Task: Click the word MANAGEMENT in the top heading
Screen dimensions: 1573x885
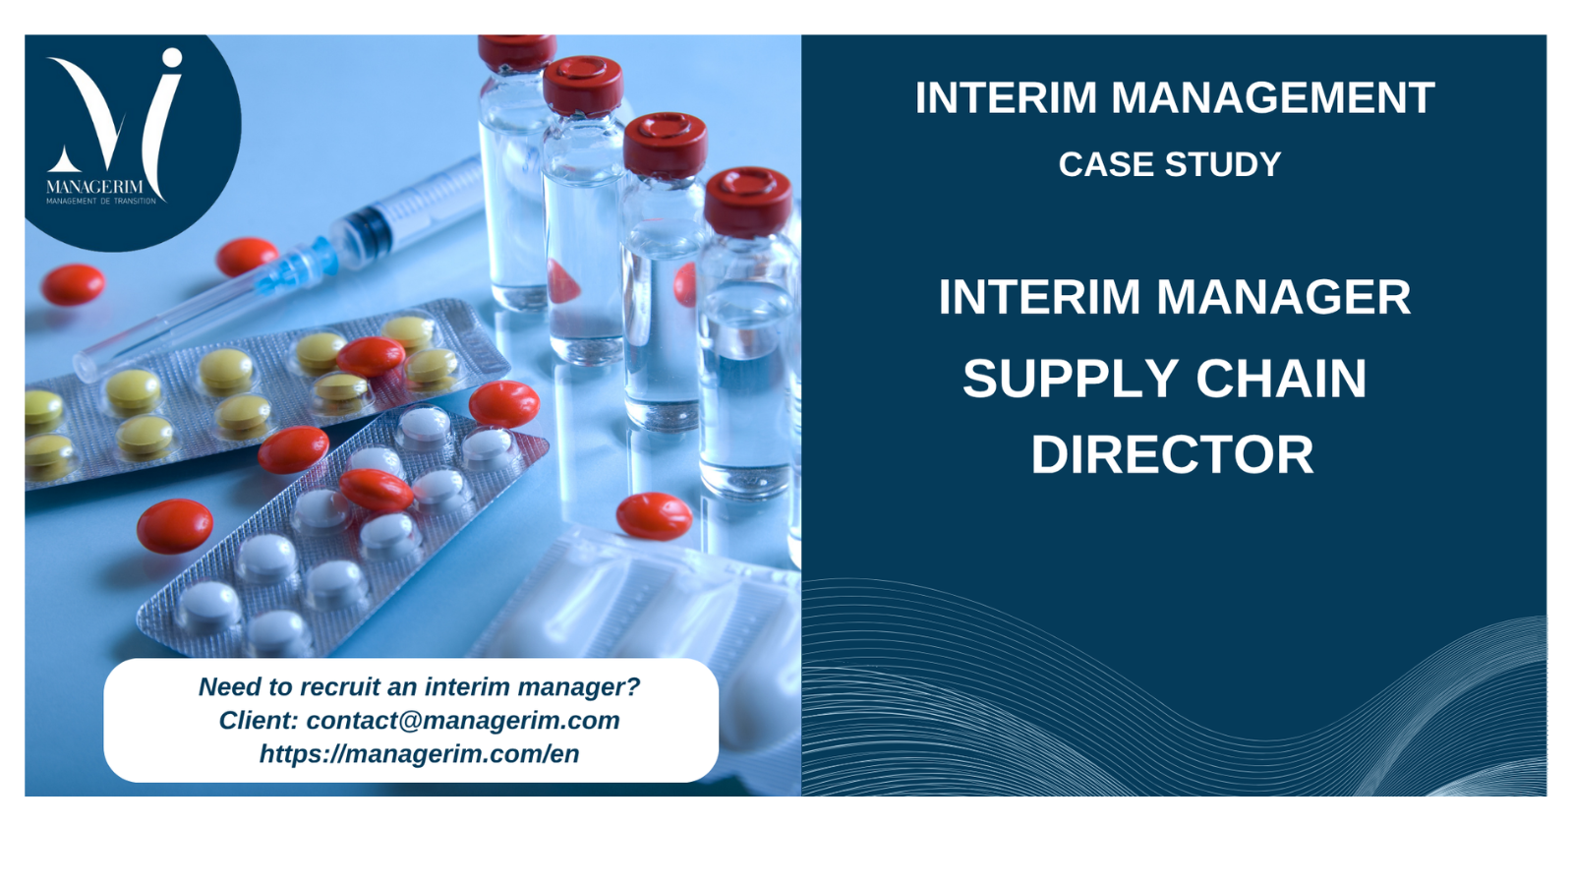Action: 1272,97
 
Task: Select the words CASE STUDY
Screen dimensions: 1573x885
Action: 1170,164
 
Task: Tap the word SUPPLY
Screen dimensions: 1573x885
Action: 1071,380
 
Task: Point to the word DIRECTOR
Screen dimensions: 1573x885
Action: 1172,455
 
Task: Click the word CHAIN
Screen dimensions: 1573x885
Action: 1282,380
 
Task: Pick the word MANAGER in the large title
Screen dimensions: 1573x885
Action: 1283,297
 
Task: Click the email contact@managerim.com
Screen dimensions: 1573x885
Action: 463,720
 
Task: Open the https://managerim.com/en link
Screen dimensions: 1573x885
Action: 419,753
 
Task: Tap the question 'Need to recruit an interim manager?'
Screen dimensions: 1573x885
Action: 419,686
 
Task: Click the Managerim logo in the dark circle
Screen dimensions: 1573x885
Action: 114,127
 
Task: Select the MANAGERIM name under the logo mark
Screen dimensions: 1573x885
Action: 94,187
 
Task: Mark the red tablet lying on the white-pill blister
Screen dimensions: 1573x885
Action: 377,490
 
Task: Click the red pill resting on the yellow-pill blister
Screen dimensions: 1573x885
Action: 371,356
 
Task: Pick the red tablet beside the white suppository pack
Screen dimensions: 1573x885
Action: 654,516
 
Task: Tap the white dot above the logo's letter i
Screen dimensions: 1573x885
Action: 172,58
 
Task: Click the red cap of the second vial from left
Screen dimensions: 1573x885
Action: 583,86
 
